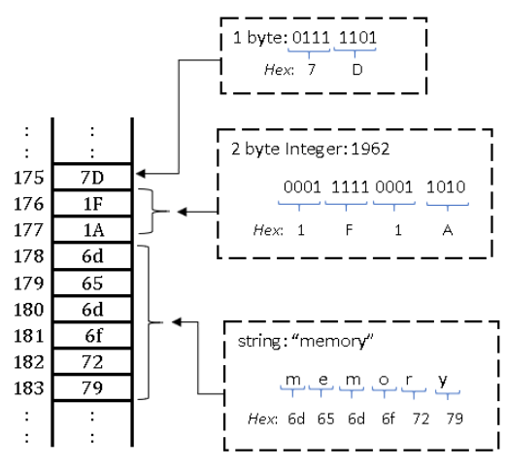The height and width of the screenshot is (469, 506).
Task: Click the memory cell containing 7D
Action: (x=92, y=177)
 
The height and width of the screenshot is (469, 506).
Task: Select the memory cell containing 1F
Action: (x=92, y=204)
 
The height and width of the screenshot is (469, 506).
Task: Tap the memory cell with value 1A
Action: (x=92, y=230)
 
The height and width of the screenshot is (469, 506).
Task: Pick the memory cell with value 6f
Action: (x=92, y=335)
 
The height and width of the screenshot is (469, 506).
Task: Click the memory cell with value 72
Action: (x=92, y=361)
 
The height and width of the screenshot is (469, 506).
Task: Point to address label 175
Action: (x=28, y=178)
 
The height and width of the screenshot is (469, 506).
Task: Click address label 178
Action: (x=28, y=256)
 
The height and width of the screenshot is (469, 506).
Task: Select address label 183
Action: (x=28, y=388)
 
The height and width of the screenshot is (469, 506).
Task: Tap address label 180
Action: (x=28, y=310)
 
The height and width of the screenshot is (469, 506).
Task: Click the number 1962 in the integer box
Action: (x=370, y=149)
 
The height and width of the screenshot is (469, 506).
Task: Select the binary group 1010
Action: (x=446, y=187)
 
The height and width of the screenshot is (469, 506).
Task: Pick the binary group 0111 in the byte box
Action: (x=311, y=38)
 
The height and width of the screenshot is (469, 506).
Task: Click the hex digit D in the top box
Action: (x=357, y=70)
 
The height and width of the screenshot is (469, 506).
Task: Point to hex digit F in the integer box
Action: (x=349, y=230)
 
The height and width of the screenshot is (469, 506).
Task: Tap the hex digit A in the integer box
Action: (x=448, y=230)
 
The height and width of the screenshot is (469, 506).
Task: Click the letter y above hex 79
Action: (x=443, y=381)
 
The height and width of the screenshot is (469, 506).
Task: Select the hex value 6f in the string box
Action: (x=388, y=419)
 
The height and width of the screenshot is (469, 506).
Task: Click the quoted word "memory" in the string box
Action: (x=332, y=341)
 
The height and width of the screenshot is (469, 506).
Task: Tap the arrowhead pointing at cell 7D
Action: (x=141, y=174)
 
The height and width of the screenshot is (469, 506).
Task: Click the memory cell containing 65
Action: (x=92, y=283)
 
